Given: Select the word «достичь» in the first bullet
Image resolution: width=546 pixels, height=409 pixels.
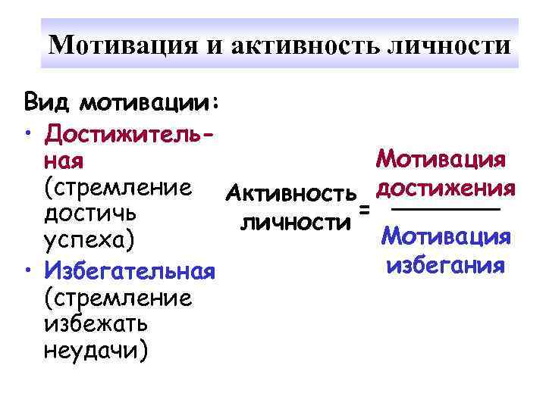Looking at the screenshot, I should [86, 214].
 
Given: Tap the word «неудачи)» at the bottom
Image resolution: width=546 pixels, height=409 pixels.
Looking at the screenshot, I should [96, 351].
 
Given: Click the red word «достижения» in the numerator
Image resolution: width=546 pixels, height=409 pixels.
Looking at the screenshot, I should [446, 186].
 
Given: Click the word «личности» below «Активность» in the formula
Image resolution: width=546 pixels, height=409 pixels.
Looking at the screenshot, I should [296, 222].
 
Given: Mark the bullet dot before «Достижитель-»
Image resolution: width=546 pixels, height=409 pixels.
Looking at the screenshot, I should [27, 134].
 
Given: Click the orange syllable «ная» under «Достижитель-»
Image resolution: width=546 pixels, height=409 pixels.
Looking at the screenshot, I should [64, 161].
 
